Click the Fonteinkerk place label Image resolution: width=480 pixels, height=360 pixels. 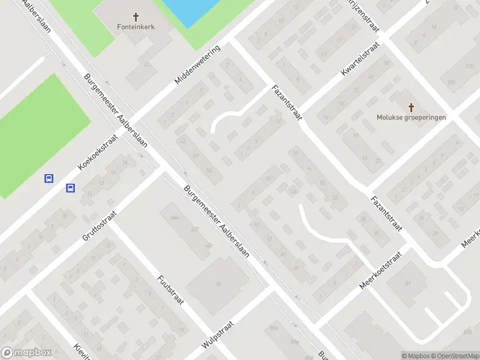(x=135, y=28)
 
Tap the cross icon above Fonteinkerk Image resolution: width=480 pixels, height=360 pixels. (x=135, y=17)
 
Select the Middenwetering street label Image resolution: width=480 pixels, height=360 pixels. (x=197, y=64)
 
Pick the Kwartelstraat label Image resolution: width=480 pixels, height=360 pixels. (x=359, y=60)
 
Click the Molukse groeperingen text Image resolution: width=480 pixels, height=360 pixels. (x=412, y=118)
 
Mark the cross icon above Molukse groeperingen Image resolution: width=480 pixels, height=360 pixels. (x=412, y=107)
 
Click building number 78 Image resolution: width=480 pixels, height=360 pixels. (x=218, y=284)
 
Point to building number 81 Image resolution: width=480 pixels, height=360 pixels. (x=408, y=283)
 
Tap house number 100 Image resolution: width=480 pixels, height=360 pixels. (x=451, y=82)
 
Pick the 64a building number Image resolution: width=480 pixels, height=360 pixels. (x=175, y=217)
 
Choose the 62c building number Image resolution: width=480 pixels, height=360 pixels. (x=209, y=245)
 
